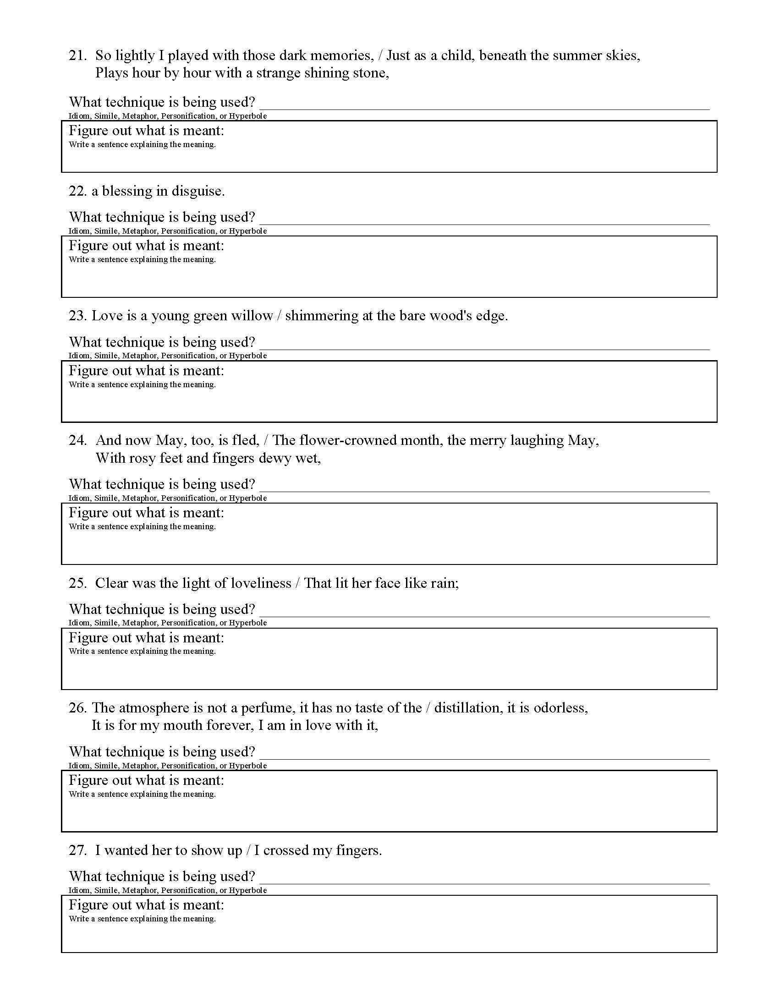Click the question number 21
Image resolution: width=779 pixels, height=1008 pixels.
coord(77,56)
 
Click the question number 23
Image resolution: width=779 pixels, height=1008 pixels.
coord(77,316)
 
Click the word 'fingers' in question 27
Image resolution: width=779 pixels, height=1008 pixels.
coord(358,851)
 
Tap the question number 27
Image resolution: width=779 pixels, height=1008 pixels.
coord(77,851)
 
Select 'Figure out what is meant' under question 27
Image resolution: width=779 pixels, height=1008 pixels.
coord(146,904)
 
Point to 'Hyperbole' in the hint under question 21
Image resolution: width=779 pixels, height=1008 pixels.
coord(248,116)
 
